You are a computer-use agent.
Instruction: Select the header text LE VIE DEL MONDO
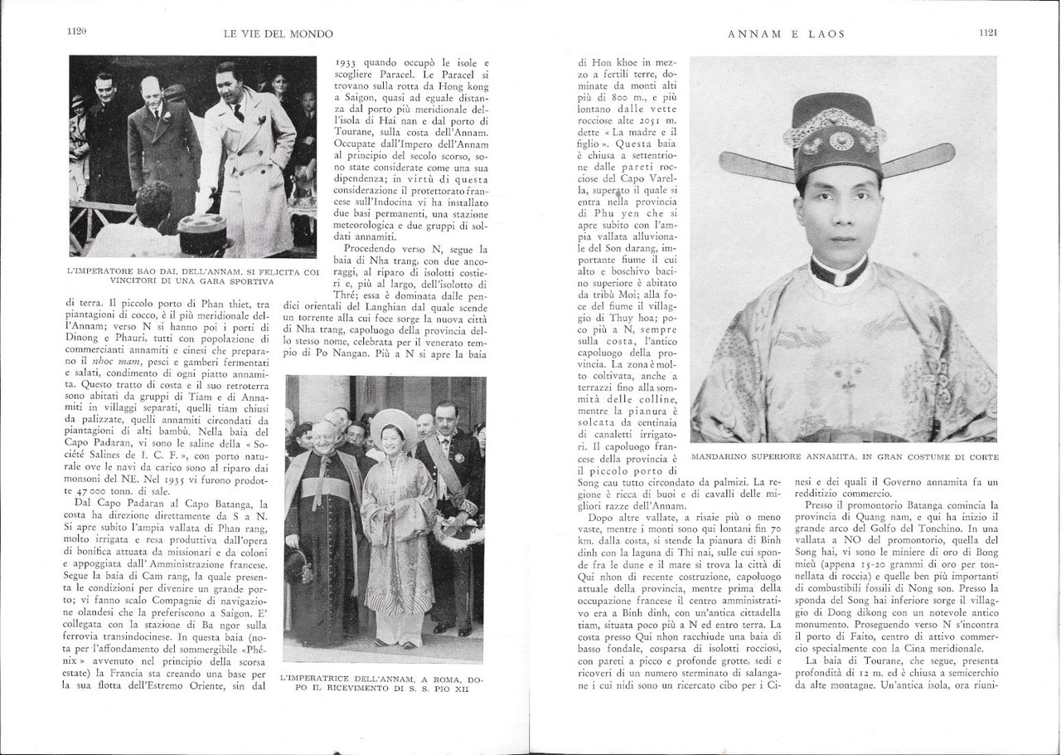279,34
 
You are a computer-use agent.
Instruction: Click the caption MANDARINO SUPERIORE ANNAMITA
844,457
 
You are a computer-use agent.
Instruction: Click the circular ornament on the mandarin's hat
841,141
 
